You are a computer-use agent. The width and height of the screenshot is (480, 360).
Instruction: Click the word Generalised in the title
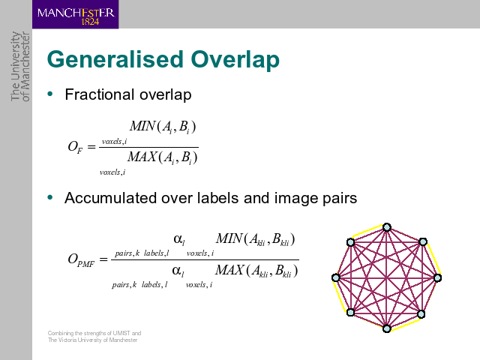(115, 59)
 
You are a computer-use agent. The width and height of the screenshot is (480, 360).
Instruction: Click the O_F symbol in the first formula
(75, 147)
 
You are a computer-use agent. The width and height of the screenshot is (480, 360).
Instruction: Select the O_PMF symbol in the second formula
(81, 260)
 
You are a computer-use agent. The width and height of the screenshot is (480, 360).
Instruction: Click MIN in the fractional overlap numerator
(142, 126)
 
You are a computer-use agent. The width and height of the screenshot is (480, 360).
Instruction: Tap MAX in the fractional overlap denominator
(142, 157)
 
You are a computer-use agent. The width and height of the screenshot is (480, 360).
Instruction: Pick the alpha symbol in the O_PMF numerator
(178, 239)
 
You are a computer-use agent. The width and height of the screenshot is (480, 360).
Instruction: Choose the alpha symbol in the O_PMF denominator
(178, 271)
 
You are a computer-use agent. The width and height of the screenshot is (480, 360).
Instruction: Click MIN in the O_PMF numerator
(229, 238)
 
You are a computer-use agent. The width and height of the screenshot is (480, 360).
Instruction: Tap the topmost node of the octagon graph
(387, 227)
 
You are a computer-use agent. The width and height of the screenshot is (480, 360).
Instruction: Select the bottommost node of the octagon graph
(387, 328)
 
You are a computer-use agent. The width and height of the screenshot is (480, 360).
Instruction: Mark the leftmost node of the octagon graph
(336, 277)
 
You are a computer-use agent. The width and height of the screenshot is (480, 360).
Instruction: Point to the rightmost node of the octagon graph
(438, 277)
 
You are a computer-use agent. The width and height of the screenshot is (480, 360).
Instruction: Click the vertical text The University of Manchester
(20, 67)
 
